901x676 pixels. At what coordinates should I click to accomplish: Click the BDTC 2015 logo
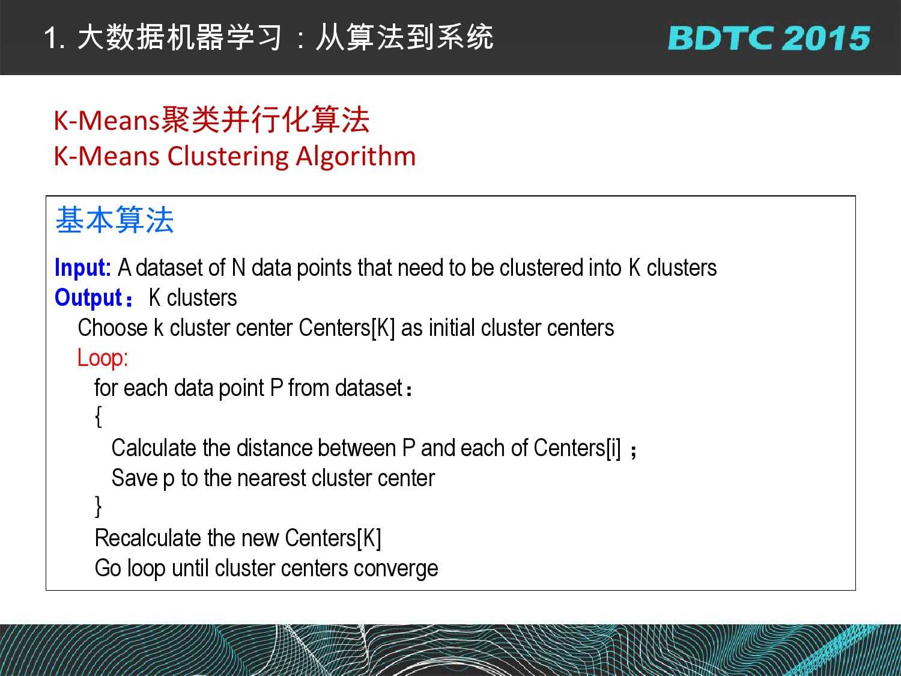point(769,38)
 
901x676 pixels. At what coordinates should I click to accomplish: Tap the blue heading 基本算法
point(115,220)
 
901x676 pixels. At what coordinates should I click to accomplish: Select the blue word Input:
point(83,267)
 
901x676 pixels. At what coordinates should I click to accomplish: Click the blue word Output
point(89,297)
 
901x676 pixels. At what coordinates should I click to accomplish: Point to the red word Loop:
point(103,358)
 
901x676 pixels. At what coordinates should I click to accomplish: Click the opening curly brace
point(98,417)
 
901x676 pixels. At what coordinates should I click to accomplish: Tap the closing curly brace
point(98,507)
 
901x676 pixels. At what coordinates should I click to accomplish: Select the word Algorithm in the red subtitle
point(356,157)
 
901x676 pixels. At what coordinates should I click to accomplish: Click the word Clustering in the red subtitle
point(228,157)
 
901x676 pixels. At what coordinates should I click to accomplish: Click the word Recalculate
point(148,538)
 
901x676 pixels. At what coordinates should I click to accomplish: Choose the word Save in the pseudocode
point(135,478)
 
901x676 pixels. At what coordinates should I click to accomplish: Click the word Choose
point(113,328)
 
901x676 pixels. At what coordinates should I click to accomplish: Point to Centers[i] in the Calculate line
point(577,448)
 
